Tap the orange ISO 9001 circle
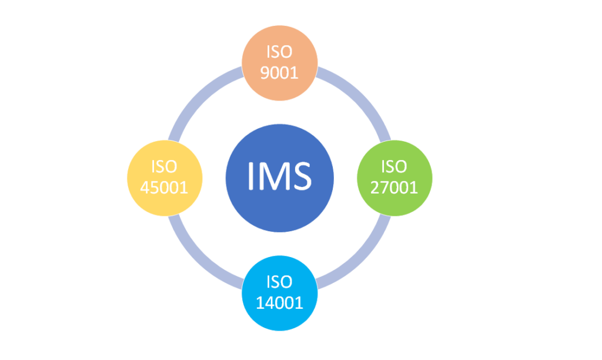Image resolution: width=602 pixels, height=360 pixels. click(x=280, y=61)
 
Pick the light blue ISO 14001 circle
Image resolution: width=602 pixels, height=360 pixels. click(x=280, y=293)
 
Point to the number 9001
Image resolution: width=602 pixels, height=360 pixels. click(x=280, y=72)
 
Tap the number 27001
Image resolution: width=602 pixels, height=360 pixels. click(x=394, y=188)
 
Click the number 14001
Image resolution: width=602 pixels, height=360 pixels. click(x=280, y=303)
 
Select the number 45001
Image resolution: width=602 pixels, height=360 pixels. click(x=165, y=188)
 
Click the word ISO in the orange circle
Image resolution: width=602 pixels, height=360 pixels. click(x=280, y=52)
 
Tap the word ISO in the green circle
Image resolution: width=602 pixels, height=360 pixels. click(x=394, y=167)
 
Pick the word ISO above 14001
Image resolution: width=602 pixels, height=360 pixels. click(x=280, y=282)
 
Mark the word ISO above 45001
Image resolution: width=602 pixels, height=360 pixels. click(x=165, y=167)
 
